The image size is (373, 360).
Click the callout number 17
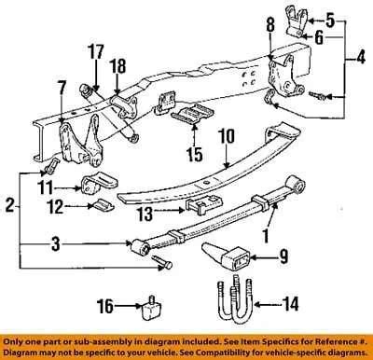(96, 51)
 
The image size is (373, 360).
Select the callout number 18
(117, 66)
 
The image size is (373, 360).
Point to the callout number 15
(195, 154)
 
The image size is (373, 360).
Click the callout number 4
(360, 58)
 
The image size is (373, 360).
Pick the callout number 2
(10, 205)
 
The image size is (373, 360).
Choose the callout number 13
(145, 214)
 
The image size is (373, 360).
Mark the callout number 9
(283, 256)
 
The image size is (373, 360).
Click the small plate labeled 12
(102, 204)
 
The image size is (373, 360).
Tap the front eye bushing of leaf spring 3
(142, 246)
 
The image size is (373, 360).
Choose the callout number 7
(62, 88)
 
